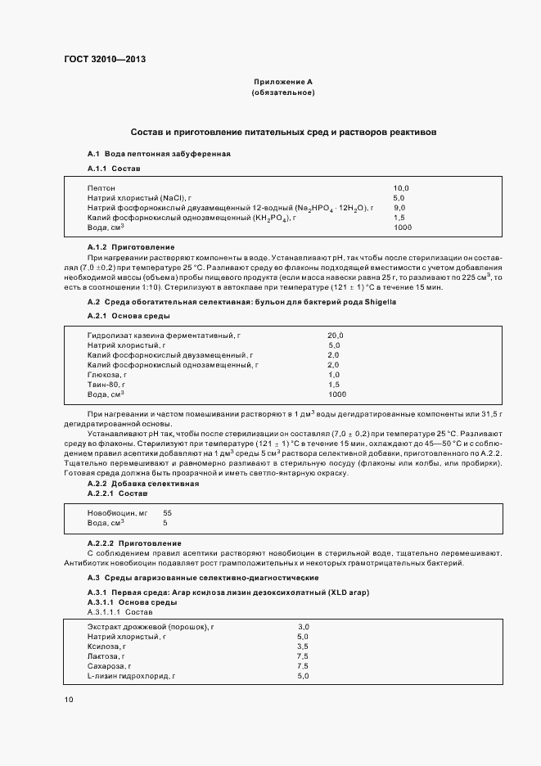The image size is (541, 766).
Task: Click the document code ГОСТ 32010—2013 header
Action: [105, 58]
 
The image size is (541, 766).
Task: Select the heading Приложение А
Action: [282, 82]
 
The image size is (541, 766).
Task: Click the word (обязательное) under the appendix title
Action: [282, 92]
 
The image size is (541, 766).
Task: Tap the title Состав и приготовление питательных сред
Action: [284, 132]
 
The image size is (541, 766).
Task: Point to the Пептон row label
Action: [101, 188]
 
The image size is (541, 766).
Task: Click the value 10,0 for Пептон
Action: [401, 188]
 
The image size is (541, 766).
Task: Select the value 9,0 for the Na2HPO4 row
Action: [399, 208]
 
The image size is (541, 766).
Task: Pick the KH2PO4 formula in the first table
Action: [268, 218]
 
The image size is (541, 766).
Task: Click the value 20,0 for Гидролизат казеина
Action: [336, 336]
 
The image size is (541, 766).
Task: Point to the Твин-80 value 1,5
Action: [334, 385]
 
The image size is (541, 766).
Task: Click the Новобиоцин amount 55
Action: [168, 512]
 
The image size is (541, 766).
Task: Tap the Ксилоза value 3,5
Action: [303, 646]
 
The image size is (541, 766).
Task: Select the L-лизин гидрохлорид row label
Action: [132, 675]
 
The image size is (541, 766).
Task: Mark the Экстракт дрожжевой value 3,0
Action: [303, 626]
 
